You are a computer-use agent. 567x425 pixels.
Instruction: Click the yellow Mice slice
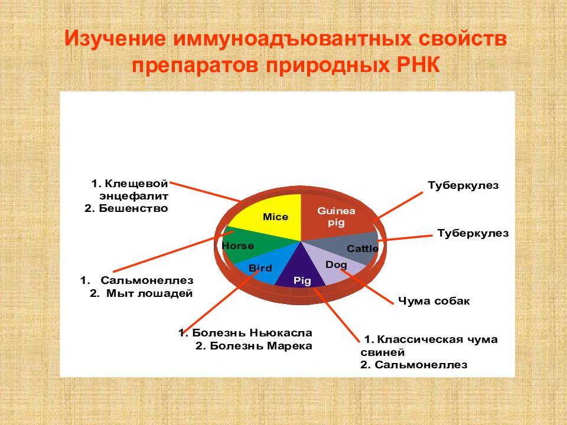[271, 217]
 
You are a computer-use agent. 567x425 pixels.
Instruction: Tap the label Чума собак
[434, 300]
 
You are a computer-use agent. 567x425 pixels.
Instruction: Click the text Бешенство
[133, 208]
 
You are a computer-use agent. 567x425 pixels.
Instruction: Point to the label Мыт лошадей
[149, 293]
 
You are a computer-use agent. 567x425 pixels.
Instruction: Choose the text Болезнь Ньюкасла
[252, 332]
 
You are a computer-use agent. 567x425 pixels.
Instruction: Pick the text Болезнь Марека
[260, 346]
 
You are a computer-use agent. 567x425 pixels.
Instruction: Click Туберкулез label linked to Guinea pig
[463, 186]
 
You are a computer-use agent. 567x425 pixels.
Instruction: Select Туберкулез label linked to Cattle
[473, 234]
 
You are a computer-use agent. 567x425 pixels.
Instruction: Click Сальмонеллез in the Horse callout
[147, 280]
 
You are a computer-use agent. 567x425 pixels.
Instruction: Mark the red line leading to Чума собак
[367, 287]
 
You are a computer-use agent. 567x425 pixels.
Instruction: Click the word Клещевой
[136, 184]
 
